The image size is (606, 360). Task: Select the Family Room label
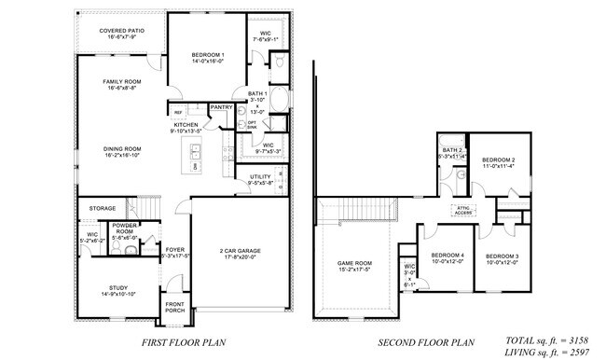click(x=121, y=82)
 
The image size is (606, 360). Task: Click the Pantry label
click(x=221, y=107)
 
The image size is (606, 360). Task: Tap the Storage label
click(x=103, y=207)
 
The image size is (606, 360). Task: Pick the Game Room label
click(x=354, y=264)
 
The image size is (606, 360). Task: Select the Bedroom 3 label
click(x=504, y=255)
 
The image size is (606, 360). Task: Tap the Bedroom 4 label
click(x=448, y=255)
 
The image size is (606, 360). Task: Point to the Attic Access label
click(x=461, y=209)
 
